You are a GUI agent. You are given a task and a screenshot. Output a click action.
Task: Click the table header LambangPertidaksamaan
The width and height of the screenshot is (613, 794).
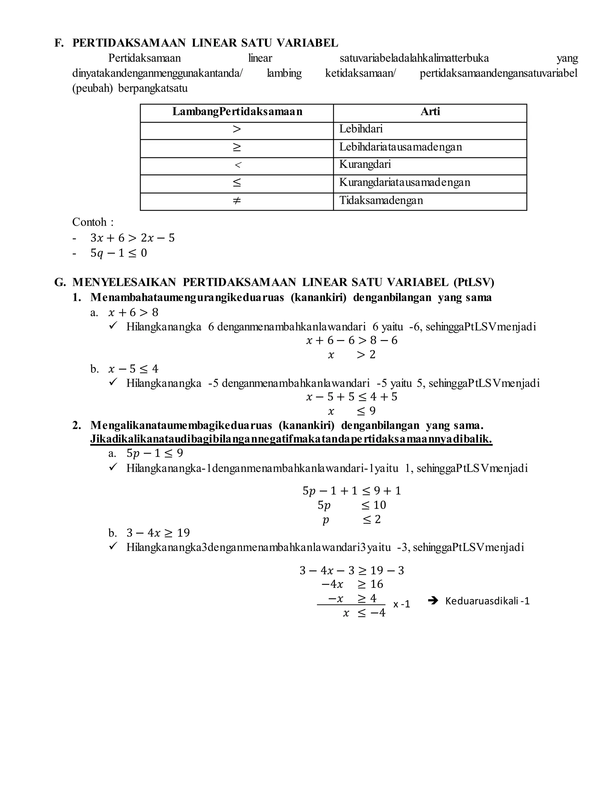237,112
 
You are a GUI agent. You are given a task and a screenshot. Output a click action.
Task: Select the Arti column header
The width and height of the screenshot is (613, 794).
430,112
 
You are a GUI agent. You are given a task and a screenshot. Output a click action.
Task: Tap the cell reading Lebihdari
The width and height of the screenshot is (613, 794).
361,129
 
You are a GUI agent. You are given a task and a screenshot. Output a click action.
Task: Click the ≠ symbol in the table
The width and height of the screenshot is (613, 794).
237,200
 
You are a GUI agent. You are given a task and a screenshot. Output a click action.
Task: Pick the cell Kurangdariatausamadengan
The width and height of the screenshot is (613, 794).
405,182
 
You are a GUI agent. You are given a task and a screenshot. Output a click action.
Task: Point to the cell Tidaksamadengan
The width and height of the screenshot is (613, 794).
381,200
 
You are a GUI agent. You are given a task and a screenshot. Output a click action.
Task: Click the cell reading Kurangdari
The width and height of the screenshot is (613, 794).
365,164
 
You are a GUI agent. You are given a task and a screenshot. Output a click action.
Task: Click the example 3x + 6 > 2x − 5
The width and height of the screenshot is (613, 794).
133,238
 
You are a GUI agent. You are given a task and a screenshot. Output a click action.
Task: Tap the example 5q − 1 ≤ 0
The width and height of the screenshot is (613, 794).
119,253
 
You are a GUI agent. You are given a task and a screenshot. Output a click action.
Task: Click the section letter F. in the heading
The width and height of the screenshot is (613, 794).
59,43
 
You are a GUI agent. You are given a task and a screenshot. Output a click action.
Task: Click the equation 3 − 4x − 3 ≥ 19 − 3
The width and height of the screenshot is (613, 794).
351,570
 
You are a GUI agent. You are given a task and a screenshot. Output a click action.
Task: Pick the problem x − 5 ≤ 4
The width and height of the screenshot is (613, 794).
133,369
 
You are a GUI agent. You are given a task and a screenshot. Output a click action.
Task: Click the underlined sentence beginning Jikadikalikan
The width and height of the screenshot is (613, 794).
291,439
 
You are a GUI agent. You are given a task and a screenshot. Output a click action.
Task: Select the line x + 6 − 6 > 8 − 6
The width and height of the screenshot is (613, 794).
351,341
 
